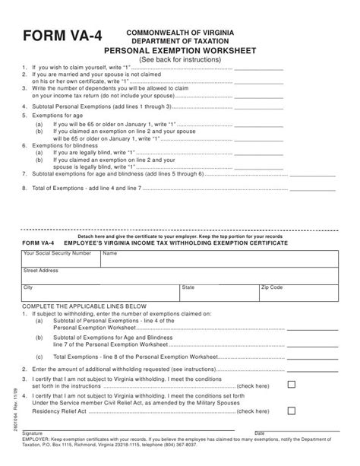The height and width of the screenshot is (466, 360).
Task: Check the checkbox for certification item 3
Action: tap(291, 385)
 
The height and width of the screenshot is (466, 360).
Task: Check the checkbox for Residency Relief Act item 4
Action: tap(291, 411)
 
